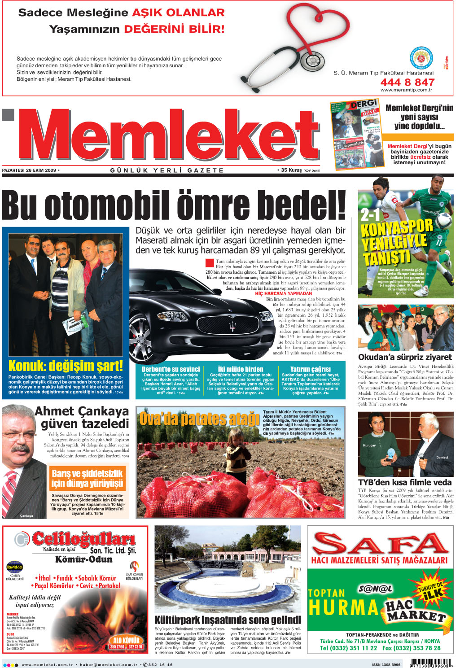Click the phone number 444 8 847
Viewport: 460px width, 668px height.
pos(407,82)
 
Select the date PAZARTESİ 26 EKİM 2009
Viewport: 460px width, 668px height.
pos(29,170)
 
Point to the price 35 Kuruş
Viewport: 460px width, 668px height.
pos(291,170)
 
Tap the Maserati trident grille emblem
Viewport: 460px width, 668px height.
pos(232,326)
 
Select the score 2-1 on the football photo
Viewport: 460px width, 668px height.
pos(370,215)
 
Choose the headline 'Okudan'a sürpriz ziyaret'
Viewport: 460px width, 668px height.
pos(405,357)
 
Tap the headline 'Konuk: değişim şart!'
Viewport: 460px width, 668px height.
pos(66,365)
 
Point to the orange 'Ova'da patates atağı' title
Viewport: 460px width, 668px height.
pos(199,419)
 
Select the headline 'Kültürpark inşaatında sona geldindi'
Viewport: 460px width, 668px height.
pos(228,620)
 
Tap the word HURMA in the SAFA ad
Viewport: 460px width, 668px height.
pos(344,607)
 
